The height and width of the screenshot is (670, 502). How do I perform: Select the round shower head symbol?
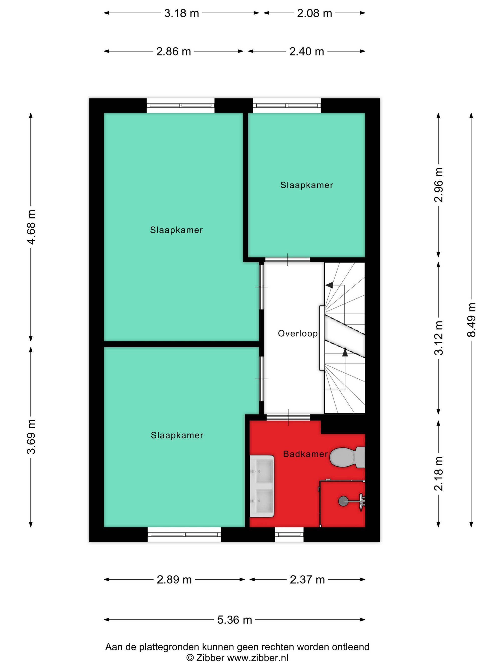tap(343, 501)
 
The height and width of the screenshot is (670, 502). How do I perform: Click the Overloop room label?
tap(298, 333)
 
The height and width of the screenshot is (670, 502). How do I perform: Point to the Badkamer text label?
tap(305, 454)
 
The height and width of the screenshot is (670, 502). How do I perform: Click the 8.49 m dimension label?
tap(471, 320)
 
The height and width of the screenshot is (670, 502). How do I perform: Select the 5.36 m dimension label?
tap(234, 620)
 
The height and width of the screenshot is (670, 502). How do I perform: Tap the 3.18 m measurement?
tap(181, 13)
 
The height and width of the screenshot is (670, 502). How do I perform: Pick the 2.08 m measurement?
tap(315, 13)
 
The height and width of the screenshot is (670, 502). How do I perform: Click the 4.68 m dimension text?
tap(31, 227)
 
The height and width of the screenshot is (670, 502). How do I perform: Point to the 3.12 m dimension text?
tap(438, 338)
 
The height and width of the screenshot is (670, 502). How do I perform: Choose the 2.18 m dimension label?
tap(438, 474)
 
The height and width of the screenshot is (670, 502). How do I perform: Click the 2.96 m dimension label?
tap(438, 185)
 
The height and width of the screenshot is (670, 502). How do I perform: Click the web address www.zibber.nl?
tap(258, 658)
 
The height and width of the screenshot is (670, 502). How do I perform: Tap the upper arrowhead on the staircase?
tap(329, 285)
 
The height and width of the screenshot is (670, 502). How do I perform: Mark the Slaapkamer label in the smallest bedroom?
tap(306, 185)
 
